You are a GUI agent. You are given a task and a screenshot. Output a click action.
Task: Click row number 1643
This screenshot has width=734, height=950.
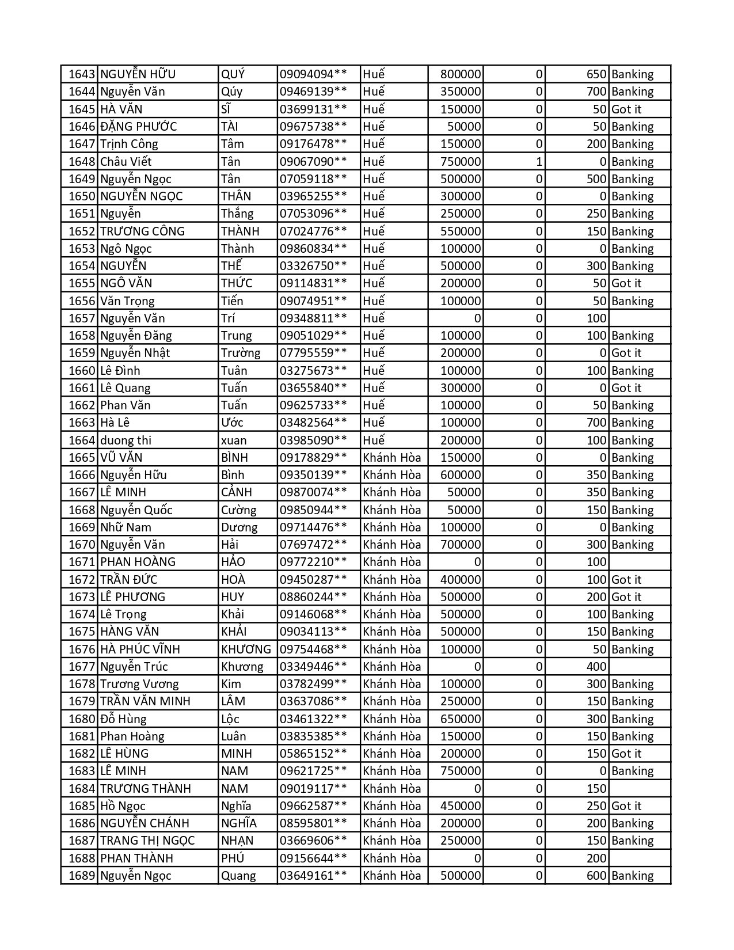[x=81, y=74]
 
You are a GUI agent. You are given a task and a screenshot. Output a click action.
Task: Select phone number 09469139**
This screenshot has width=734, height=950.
[x=313, y=92]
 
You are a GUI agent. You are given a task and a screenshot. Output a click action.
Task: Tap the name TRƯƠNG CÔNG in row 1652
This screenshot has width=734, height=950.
[x=142, y=231]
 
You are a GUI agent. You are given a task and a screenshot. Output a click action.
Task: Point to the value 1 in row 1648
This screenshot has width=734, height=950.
[x=539, y=162]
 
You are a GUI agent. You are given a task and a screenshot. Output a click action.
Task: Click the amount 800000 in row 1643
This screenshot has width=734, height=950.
[x=461, y=74]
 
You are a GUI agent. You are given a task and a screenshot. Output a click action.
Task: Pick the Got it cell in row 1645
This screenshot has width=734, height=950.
[x=626, y=109]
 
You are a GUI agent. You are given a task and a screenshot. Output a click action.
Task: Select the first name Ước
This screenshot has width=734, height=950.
[x=232, y=423]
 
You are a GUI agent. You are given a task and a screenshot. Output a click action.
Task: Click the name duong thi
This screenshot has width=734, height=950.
[x=125, y=440]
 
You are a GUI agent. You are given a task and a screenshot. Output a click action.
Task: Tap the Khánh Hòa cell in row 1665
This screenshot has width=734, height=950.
[x=392, y=458]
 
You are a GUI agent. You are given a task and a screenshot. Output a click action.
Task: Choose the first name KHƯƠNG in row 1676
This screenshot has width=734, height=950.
[x=246, y=649]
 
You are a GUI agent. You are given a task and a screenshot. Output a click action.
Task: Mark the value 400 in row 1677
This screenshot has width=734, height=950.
[x=596, y=667]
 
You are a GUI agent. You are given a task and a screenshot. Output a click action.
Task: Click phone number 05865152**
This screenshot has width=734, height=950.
[x=313, y=754]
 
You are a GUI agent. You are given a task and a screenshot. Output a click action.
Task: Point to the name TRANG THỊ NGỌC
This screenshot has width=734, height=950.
[x=147, y=841]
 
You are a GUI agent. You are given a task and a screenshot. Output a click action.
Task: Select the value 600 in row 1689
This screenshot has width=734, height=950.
[x=596, y=876]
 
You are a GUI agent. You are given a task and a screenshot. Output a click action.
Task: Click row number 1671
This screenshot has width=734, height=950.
[x=81, y=562]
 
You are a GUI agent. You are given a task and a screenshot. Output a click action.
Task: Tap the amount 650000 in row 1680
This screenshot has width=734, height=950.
[x=461, y=719]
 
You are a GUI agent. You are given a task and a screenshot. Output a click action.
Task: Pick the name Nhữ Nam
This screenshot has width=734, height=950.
[x=125, y=527]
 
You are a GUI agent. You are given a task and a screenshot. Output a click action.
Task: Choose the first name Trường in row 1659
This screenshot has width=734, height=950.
[x=241, y=353]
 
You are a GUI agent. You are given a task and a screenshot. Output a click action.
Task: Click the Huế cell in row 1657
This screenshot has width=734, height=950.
[x=374, y=318]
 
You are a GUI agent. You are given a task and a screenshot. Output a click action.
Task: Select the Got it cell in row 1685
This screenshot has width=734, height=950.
[x=626, y=806]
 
